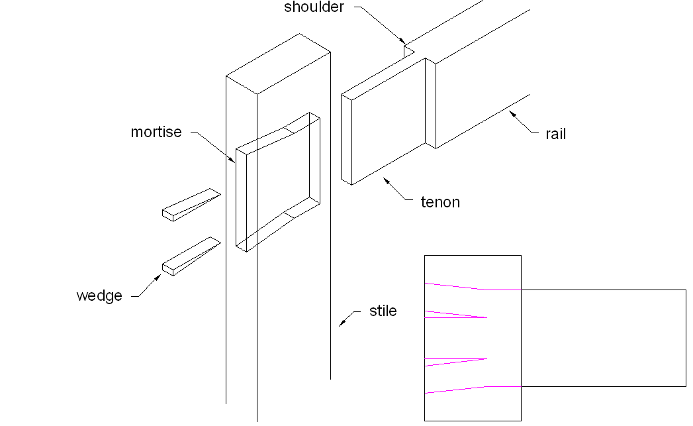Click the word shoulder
pos(314,8)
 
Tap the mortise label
pos(156,132)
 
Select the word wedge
pos(99,295)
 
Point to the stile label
pos(383,311)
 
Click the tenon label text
pos(440,202)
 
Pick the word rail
pos(556,134)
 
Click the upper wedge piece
pos(191,204)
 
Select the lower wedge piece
pos(191,256)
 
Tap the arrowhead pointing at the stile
pos(342,323)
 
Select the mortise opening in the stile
pos(278,179)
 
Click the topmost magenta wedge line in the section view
pos(457,287)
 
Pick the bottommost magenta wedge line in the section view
pos(457,390)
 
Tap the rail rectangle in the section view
pos(602,338)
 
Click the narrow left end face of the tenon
pos(346,139)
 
